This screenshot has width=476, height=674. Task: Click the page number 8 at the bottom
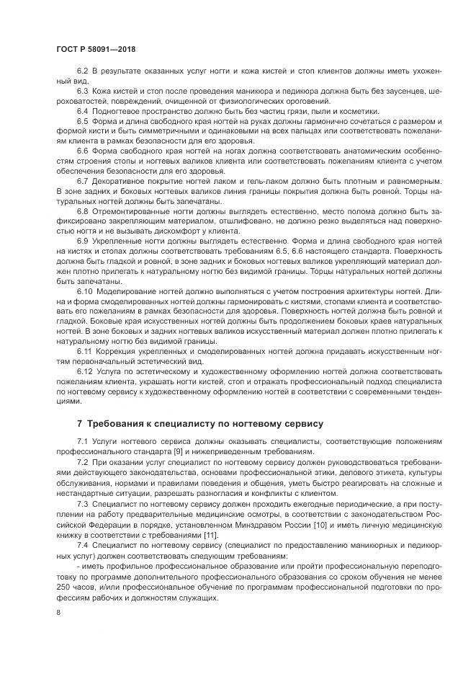[58, 612]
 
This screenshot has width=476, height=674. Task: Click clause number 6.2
[82, 74]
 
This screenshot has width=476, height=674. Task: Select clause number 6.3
[82, 92]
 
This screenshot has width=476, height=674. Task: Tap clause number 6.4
[82, 111]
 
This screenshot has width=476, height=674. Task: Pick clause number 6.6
[82, 149]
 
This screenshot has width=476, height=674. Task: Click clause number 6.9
[82, 239]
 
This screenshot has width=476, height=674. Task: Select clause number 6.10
[84, 289]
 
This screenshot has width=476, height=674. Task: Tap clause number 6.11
[84, 350]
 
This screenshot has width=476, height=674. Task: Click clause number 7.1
[82, 440]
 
